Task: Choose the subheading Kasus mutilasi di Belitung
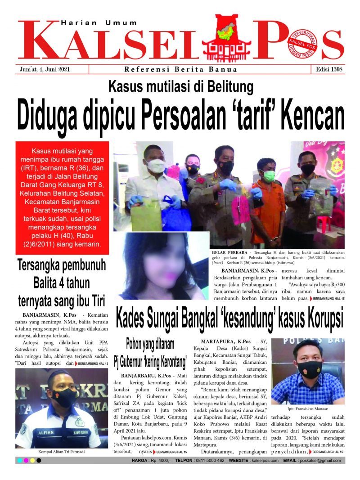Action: pyautogui.click(x=180, y=85)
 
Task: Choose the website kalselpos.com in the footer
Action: pyautogui.click(x=265, y=461)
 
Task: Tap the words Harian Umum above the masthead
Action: pyautogui.click(x=99, y=22)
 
